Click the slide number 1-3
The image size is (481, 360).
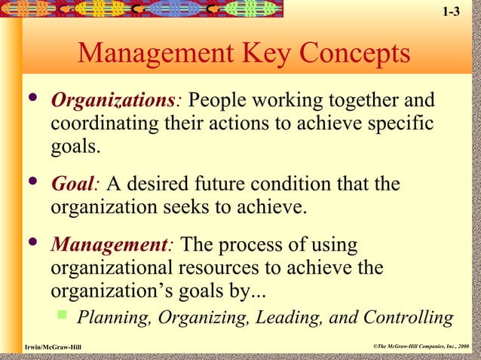[450, 12]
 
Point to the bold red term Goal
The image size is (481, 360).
[71, 185]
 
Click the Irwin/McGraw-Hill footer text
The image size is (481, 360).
[53, 346]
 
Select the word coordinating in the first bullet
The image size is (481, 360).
[99, 123]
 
